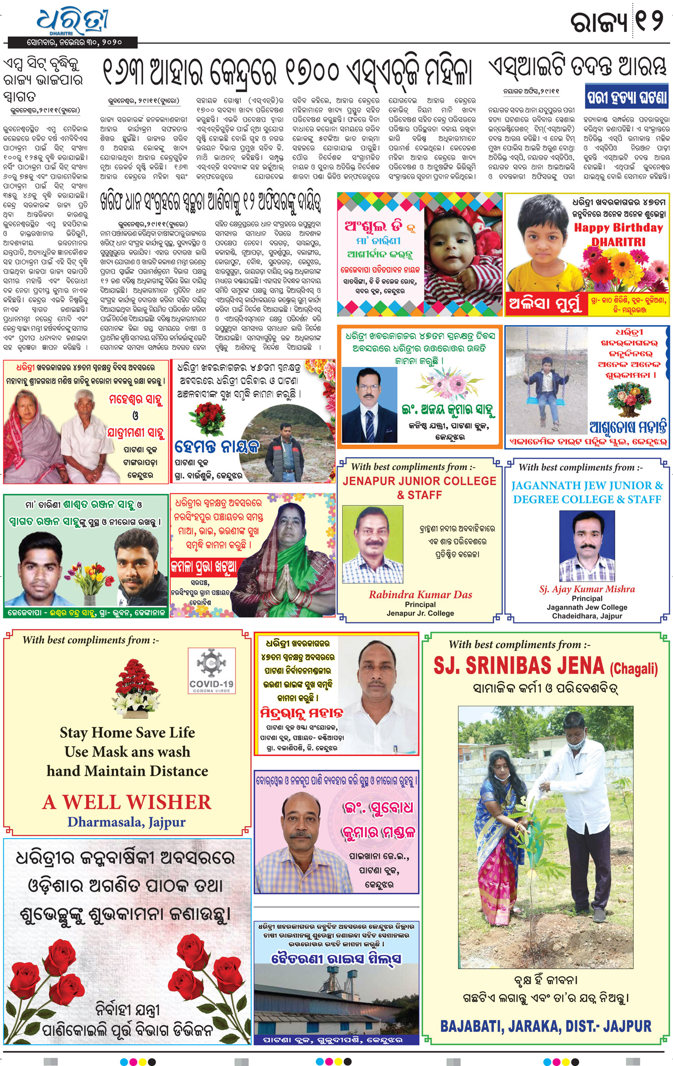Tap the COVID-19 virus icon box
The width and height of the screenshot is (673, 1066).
(212, 670)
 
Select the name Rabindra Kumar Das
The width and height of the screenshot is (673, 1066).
(420, 594)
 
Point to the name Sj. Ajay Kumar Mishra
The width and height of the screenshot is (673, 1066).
(587, 589)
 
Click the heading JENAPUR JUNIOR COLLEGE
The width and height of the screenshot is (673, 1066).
(419, 481)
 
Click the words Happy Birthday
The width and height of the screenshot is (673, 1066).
(618, 227)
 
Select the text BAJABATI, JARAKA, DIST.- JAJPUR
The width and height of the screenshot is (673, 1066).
(545, 1026)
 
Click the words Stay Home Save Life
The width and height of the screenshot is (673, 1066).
(127, 732)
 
